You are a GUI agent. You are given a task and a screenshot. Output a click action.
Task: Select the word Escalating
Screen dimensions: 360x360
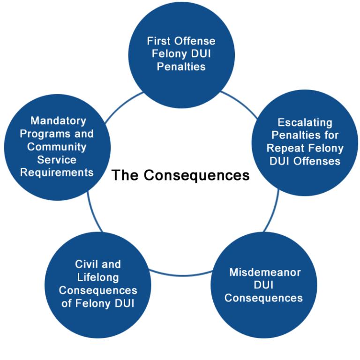click(305, 123)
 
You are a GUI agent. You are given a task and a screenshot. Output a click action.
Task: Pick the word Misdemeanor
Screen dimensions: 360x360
click(265, 272)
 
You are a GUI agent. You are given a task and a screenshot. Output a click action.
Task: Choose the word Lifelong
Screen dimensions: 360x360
click(97, 277)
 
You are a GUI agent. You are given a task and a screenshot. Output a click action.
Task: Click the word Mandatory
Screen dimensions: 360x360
click(58, 121)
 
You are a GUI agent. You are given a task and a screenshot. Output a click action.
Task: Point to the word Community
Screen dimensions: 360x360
click(57, 147)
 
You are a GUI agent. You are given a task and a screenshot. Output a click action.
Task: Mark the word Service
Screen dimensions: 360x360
click(57, 159)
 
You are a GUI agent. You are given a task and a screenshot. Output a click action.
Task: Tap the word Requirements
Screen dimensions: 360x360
click(57, 172)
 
